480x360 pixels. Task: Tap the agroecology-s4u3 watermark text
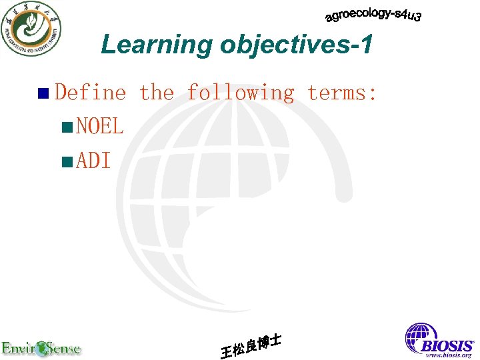click(x=373, y=15)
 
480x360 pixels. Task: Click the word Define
click(x=90, y=93)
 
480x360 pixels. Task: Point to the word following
click(x=240, y=93)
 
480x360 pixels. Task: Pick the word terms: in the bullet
click(x=342, y=93)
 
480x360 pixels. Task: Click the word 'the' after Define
click(x=156, y=93)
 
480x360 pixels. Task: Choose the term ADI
click(x=93, y=161)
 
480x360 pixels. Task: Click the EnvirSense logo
click(x=41, y=347)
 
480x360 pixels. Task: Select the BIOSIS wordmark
click(x=446, y=346)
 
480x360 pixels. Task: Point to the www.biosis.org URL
click(x=449, y=355)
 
